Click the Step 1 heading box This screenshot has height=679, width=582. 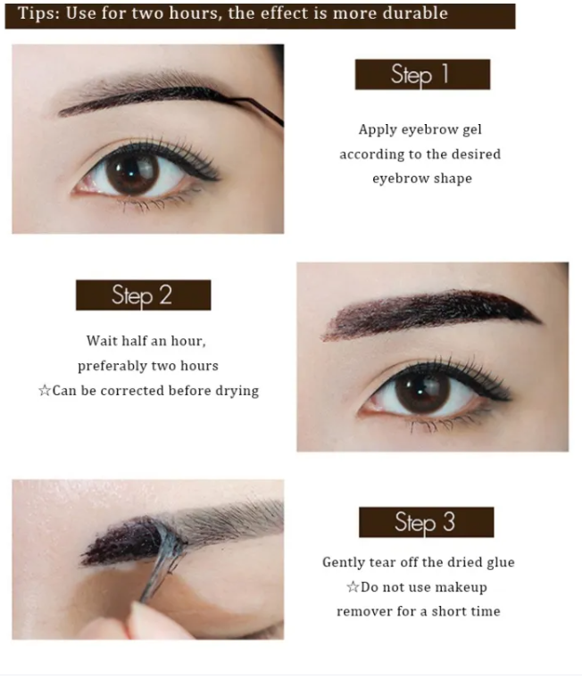point(422,74)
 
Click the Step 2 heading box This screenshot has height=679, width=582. point(144,295)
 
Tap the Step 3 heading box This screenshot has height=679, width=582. point(427,522)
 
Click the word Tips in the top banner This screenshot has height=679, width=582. point(38,13)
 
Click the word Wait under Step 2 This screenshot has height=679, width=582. point(102,341)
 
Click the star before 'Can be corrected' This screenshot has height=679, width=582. point(45,390)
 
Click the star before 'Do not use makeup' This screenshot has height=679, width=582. point(353,587)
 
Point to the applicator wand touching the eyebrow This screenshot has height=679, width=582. point(255,111)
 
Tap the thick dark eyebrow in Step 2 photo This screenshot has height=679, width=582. point(431,314)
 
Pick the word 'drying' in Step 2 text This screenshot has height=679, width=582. point(237,391)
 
